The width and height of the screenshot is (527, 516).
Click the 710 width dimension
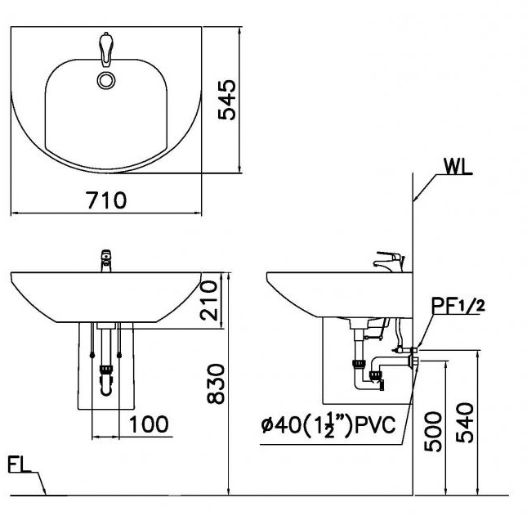click(x=107, y=200)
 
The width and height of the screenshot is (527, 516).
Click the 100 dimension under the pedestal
click(x=149, y=424)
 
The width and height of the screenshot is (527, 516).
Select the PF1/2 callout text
click(x=458, y=307)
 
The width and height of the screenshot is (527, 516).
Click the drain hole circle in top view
click(x=106, y=79)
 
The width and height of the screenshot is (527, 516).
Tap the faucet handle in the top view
click(x=105, y=47)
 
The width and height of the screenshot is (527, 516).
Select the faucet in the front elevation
click(x=105, y=261)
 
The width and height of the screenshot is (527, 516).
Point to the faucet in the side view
click(x=389, y=262)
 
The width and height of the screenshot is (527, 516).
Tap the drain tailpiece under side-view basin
click(x=356, y=335)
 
